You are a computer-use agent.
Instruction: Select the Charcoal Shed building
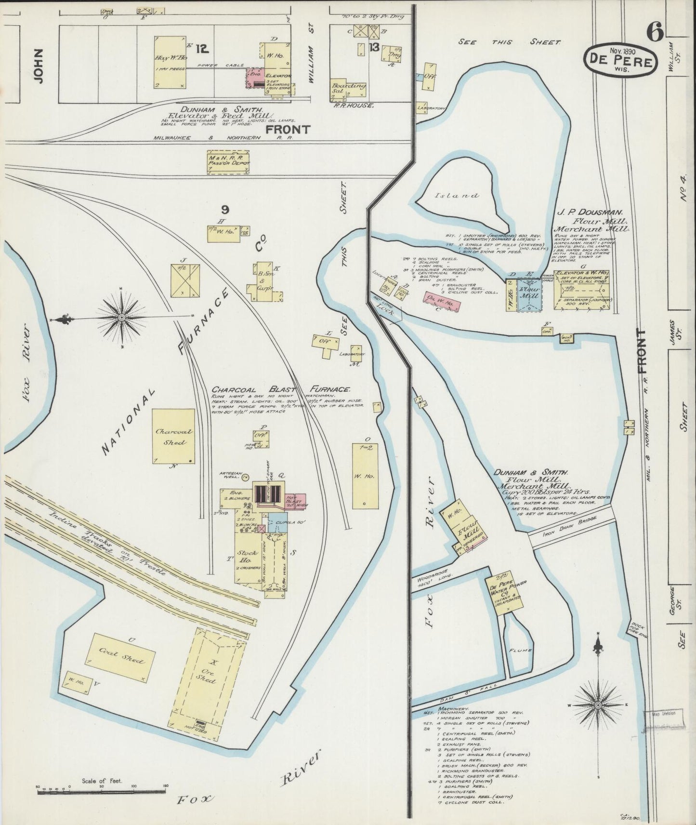[x=173, y=437]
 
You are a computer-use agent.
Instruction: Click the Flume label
[x=520, y=650]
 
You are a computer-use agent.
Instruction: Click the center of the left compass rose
[x=121, y=318]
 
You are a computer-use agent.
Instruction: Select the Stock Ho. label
[x=247, y=557]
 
